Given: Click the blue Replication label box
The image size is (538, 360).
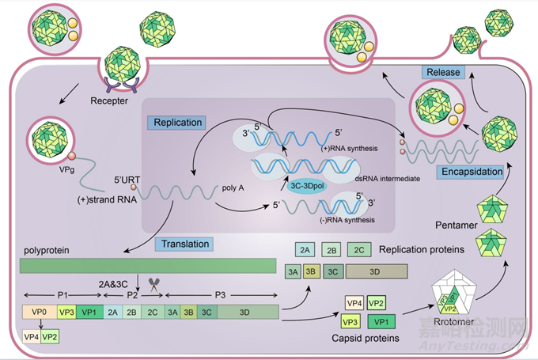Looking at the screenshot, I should click(175, 123).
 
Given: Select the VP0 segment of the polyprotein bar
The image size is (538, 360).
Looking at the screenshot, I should click(39, 312).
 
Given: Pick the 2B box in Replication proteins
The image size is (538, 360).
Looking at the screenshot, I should click(332, 250).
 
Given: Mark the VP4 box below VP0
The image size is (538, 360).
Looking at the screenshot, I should click(33, 337).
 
